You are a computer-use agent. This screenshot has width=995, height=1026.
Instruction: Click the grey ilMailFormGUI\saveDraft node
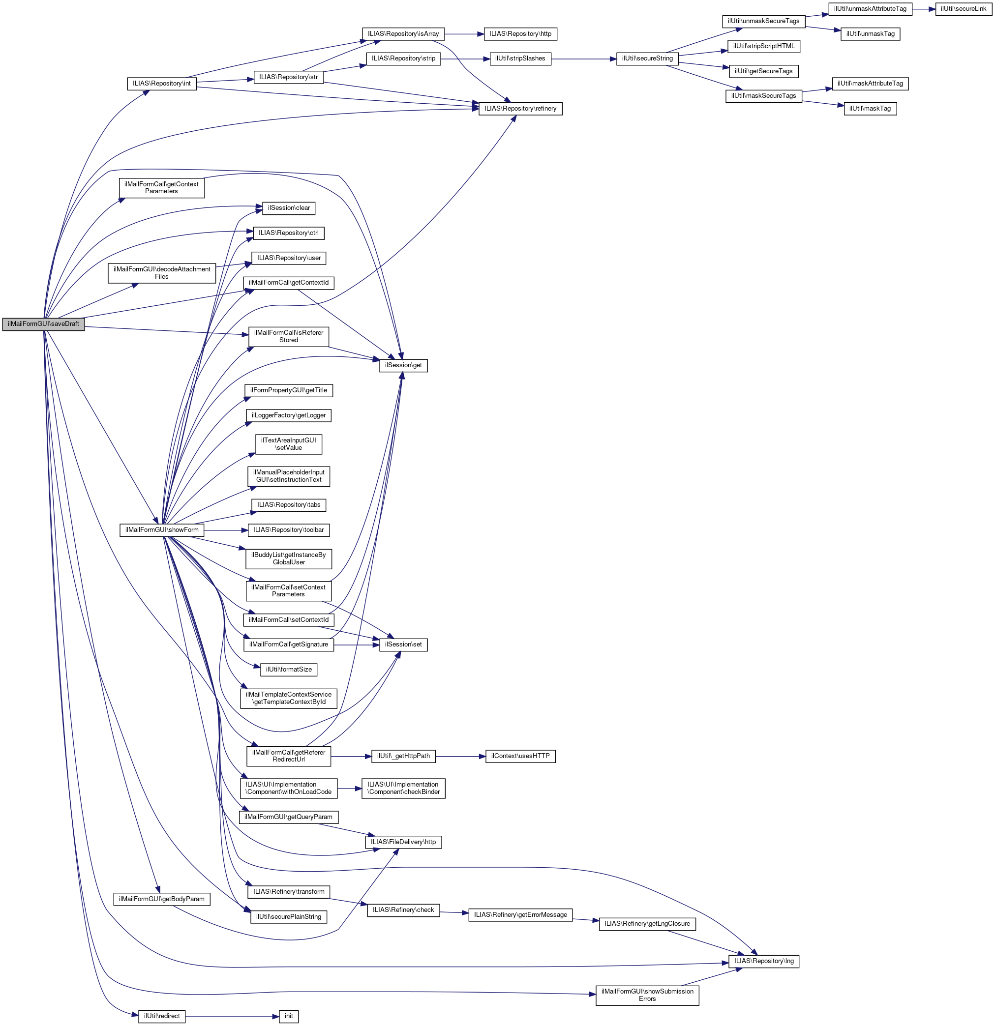(43, 324)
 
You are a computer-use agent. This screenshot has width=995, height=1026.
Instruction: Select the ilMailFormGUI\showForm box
(162, 530)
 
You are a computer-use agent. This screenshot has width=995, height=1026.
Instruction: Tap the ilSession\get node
(403, 365)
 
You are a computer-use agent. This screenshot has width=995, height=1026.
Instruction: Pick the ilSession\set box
(403, 645)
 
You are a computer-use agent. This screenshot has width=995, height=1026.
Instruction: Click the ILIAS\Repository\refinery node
(520, 109)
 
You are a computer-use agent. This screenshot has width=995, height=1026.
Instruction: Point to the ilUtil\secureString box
(647, 59)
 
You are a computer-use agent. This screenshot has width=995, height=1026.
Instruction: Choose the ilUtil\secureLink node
(963, 9)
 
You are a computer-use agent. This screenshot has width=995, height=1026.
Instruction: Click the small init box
(289, 1017)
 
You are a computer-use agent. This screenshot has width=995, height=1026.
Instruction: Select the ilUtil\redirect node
(162, 1017)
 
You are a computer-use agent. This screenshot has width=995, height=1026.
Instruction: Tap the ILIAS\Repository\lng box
(763, 962)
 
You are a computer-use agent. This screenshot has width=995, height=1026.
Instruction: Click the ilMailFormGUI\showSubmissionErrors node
(647, 995)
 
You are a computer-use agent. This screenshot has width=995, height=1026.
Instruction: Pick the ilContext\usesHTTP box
(520, 757)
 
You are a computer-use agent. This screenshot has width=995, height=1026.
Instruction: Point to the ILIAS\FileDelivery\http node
(403, 842)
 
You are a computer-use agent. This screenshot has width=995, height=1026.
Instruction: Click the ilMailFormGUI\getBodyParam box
(162, 899)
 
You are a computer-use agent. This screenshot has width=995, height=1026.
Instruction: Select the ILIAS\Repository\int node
(162, 84)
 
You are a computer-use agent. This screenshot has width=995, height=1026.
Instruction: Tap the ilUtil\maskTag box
(870, 109)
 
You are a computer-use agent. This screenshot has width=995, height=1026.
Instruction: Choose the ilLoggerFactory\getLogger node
(289, 415)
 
